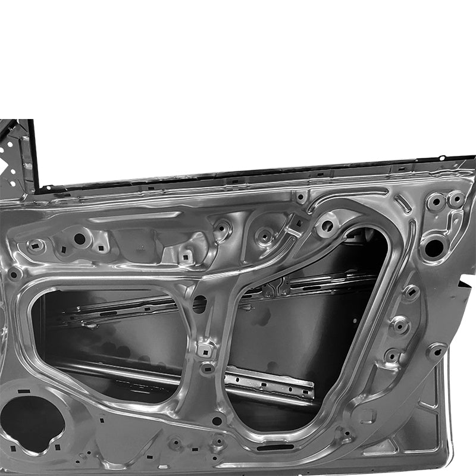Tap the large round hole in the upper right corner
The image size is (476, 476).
pyautogui.click(x=434, y=247)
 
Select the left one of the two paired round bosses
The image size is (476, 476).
pyautogui.click(x=436, y=202)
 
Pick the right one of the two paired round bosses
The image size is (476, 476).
pyautogui.click(x=456, y=199)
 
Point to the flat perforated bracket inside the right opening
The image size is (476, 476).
pyautogui.click(x=269, y=381)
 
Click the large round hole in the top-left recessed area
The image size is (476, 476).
pyautogui.click(x=80, y=239)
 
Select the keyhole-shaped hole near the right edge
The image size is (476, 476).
pyautogui.click(x=437, y=351)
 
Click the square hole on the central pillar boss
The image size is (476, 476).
pyautogui.click(x=206, y=349)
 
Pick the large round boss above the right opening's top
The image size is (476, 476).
pyautogui.click(x=327, y=226)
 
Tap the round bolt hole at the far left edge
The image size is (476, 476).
pyautogui.click(x=13, y=274)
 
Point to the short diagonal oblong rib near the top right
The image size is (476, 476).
pyautogui.click(x=402, y=204)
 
